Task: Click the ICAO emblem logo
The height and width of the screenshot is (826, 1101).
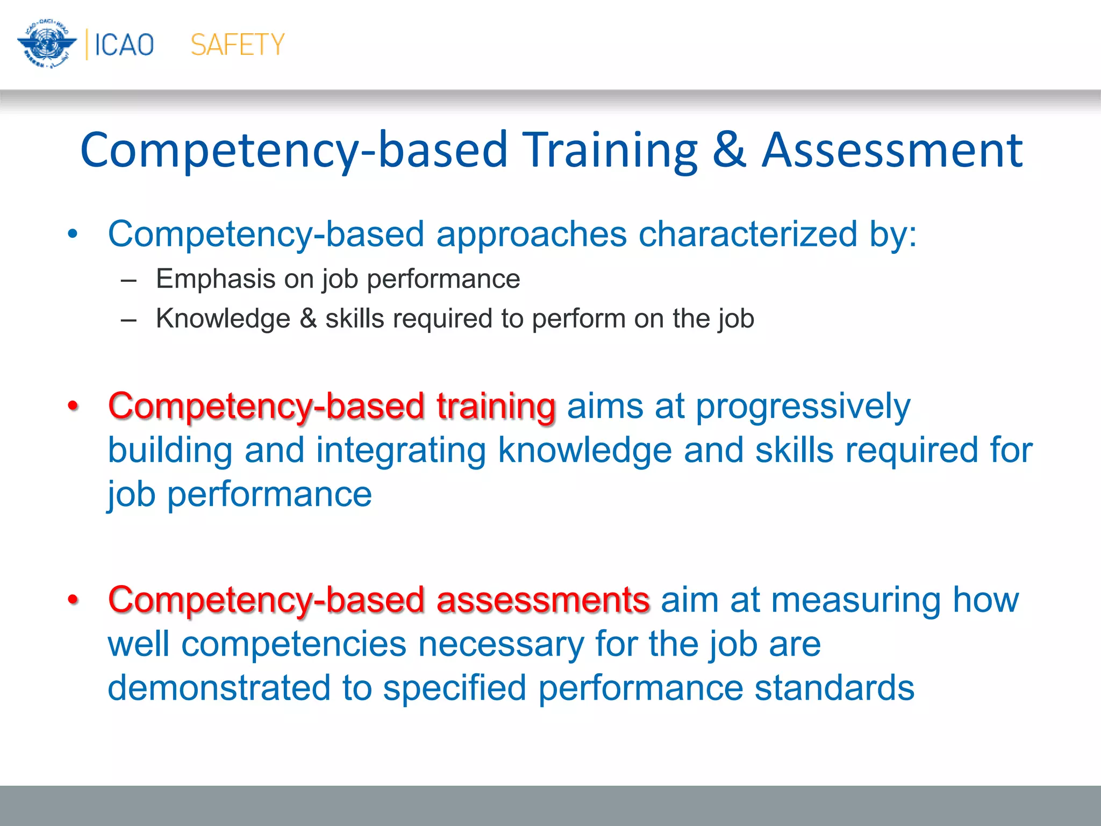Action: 47,44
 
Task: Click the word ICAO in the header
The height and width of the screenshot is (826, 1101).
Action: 124,45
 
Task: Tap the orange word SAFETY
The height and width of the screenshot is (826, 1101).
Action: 238,45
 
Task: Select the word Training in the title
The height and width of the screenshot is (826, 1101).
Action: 610,151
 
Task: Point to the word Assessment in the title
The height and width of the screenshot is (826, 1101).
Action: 892,151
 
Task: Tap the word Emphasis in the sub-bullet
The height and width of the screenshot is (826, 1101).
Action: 216,279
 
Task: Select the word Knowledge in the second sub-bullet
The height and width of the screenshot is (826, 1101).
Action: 223,318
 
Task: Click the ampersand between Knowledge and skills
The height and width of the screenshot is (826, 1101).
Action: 308,318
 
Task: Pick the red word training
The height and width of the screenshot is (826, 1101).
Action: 496,406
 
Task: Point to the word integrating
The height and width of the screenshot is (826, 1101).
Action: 401,451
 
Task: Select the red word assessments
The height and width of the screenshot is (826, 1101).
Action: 543,600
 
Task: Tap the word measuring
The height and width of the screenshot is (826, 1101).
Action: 856,601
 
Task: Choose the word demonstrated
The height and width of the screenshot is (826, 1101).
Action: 219,688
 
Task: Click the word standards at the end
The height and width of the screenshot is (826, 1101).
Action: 834,688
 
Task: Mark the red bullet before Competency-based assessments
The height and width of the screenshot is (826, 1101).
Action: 73,600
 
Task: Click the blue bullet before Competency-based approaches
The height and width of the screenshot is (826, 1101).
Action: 73,234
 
